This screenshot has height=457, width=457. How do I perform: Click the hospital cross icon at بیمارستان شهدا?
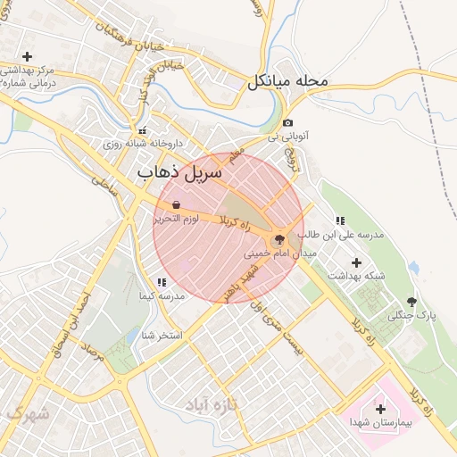pos(380,407)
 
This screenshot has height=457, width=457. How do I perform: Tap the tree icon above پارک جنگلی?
pos(411,302)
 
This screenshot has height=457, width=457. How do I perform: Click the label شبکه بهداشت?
pos(357,276)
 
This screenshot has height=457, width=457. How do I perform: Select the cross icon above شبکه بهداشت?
pos(357,262)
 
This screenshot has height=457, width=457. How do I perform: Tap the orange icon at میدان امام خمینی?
pos(278,239)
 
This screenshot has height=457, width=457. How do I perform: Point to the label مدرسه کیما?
pos(161,295)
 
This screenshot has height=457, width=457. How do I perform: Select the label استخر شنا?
pos(162,336)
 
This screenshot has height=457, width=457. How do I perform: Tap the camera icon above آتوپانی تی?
pos(287,123)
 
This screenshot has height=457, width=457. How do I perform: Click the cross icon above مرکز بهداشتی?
pos(27,56)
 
